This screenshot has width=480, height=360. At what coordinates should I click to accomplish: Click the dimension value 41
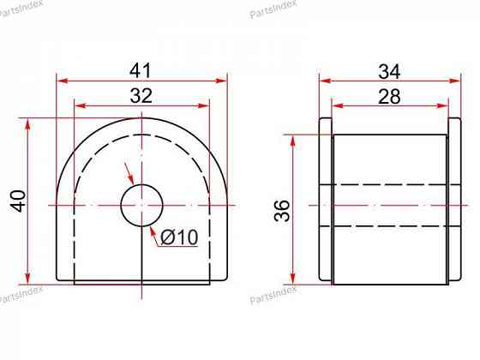141,70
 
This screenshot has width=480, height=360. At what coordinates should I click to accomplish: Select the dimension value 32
141,95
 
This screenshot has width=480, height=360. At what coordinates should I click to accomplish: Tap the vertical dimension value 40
19,201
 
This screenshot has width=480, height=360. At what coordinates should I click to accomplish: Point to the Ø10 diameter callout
179,237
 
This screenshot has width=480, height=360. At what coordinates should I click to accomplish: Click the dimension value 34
389,72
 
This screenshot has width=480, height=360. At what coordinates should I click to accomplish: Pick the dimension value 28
389,96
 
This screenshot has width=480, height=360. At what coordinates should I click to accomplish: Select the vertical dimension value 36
282,211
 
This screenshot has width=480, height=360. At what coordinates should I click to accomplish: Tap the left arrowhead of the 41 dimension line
63,81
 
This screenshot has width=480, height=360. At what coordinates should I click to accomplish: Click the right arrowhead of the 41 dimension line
221,81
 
